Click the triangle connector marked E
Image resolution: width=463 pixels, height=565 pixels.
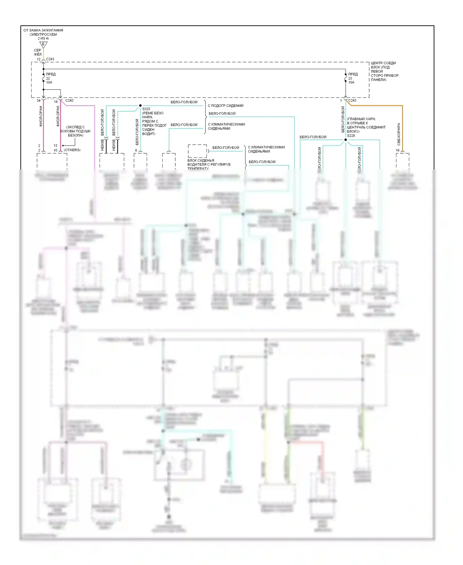(43, 45)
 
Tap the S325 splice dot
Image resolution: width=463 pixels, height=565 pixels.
(140, 106)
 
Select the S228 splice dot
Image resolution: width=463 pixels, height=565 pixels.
(346, 140)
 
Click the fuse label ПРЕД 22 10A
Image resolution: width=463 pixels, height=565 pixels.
(50, 78)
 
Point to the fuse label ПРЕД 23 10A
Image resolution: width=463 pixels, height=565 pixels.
(352, 78)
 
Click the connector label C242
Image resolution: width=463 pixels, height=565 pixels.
(69, 100)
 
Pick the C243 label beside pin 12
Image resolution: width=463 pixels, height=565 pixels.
(50, 59)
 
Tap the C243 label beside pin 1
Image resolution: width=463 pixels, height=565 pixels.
(352, 100)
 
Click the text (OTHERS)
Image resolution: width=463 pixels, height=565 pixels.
(72, 150)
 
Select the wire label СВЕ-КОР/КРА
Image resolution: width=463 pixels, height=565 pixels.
(399, 134)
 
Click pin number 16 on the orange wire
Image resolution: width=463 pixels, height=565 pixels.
(398, 150)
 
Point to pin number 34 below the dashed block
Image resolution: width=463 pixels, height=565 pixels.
(39, 100)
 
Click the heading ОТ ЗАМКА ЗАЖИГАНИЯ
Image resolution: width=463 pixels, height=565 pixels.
(43, 30)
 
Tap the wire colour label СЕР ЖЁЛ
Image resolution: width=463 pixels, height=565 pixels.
(37, 52)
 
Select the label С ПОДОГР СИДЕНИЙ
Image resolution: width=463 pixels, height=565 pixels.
(225, 106)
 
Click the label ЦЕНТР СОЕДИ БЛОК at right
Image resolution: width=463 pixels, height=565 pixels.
(383, 65)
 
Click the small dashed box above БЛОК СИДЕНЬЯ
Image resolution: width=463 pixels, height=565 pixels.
(198, 151)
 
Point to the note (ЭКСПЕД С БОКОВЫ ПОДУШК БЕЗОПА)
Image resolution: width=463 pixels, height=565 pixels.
(75, 131)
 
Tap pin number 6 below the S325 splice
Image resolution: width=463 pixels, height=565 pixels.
(136, 150)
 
